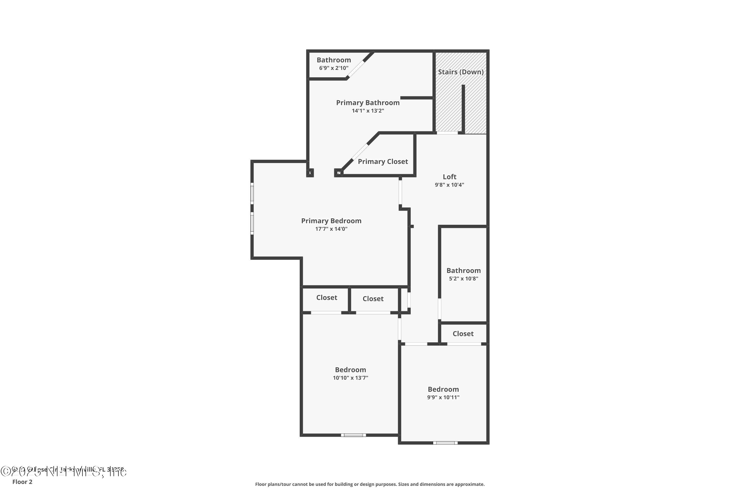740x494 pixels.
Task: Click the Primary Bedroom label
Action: tap(331, 221)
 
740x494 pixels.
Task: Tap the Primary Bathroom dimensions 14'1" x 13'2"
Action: tap(368, 111)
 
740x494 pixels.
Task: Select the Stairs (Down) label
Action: tap(461, 72)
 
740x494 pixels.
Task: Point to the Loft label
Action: tap(449, 177)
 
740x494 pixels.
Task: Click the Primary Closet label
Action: tap(383, 162)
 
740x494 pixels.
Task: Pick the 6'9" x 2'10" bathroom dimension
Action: tap(333, 68)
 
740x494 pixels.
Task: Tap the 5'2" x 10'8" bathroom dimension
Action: tap(463, 279)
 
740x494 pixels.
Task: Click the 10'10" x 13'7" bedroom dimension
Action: tap(351, 378)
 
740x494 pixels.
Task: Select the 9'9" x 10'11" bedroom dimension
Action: tap(443, 397)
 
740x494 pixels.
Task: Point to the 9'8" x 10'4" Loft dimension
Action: tap(449, 185)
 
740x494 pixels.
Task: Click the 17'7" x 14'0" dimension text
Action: tap(331, 229)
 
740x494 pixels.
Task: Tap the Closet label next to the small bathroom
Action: tap(463, 334)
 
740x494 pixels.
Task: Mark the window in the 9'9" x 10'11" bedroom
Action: tap(445, 443)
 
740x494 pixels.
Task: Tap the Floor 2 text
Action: tap(22, 482)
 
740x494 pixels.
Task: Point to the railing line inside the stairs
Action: tap(463, 109)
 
